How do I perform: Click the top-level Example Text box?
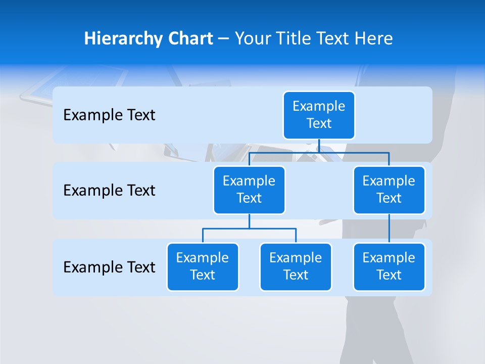click(319, 115)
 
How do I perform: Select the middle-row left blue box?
click(249, 190)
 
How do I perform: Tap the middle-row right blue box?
click(389, 190)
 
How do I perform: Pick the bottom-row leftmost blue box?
click(203, 266)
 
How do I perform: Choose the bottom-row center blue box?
click(296, 266)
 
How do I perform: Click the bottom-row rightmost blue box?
click(389, 266)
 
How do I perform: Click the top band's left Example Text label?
click(109, 115)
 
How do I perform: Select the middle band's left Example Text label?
click(109, 191)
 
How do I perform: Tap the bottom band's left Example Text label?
click(109, 267)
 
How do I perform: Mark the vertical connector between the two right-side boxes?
click(389, 229)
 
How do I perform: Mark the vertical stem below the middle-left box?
click(249, 221)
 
